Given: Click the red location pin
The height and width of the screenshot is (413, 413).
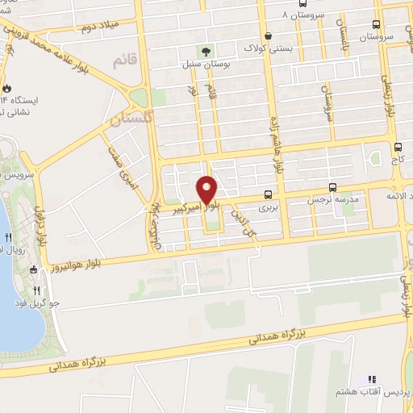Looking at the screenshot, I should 206,190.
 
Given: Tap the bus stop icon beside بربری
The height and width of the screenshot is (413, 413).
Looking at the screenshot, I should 267,194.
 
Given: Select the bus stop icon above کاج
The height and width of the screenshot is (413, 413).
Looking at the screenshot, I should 398,147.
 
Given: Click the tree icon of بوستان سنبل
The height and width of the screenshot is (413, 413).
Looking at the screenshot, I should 203,52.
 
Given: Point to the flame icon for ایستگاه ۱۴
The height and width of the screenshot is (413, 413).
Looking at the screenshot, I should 7,88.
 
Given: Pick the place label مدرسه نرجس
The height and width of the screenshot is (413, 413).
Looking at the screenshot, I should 328,198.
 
